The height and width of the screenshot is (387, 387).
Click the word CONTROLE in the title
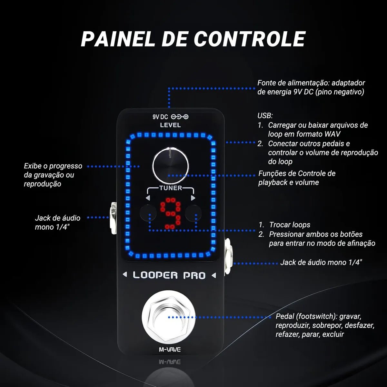[x=249, y=39]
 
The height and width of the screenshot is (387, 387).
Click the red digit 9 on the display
[x=170, y=213]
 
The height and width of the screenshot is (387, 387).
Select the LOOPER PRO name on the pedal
[x=169, y=275]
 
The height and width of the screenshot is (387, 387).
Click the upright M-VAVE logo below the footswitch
[x=170, y=349]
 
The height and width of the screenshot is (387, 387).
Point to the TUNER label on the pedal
[x=170, y=188]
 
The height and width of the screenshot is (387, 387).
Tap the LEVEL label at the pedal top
[x=170, y=125]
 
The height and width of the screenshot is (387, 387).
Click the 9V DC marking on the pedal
[x=160, y=117]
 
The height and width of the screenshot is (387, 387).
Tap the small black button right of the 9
[x=193, y=213]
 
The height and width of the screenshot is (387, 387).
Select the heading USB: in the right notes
[x=265, y=115]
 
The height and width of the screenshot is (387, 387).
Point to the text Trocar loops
[x=290, y=225]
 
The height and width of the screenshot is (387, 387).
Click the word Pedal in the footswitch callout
[x=285, y=316]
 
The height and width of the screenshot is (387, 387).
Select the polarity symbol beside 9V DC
[x=180, y=117]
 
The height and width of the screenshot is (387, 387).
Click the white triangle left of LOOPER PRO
[x=125, y=275]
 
